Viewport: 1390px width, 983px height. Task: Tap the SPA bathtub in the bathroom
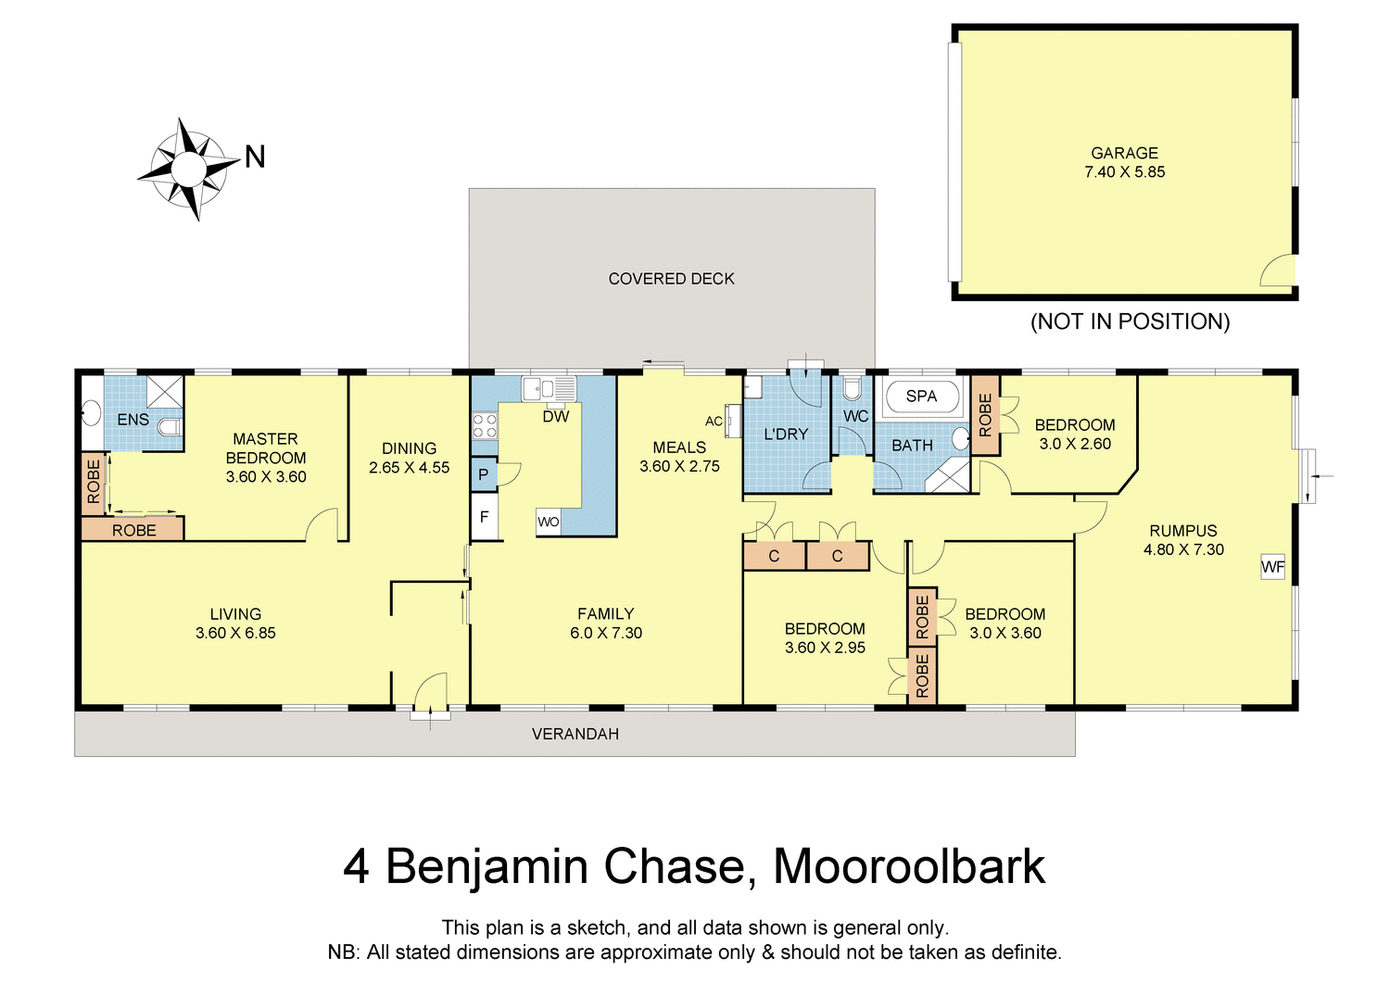(x=921, y=397)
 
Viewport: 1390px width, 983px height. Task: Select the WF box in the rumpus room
(x=1273, y=567)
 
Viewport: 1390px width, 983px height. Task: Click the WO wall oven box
(x=549, y=522)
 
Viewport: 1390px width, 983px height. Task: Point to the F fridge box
(x=485, y=517)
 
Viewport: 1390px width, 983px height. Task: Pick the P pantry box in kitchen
(x=484, y=474)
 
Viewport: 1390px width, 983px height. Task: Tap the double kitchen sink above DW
(x=549, y=388)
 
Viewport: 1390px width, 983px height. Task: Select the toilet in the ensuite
(x=171, y=427)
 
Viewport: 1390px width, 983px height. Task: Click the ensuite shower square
(x=165, y=391)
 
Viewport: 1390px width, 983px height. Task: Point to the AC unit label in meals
(x=714, y=422)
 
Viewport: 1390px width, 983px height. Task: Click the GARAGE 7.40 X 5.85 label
(x=1124, y=162)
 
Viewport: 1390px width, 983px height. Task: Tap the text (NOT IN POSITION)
(x=1130, y=321)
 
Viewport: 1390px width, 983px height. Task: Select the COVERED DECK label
(x=671, y=279)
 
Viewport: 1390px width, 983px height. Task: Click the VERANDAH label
(x=575, y=734)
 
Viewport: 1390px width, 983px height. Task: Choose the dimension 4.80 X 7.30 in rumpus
(x=1183, y=549)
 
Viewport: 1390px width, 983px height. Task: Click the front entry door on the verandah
(x=430, y=696)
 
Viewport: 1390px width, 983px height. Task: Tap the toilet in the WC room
(x=852, y=388)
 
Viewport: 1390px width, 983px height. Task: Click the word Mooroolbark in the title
(x=909, y=867)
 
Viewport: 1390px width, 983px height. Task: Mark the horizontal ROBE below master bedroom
(x=133, y=530)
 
